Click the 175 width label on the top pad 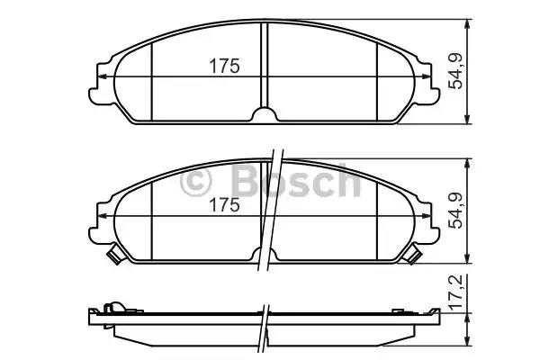[x=225, y=66]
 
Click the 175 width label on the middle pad [x=225, y=205]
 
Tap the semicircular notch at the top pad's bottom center [x=265, y=115]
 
